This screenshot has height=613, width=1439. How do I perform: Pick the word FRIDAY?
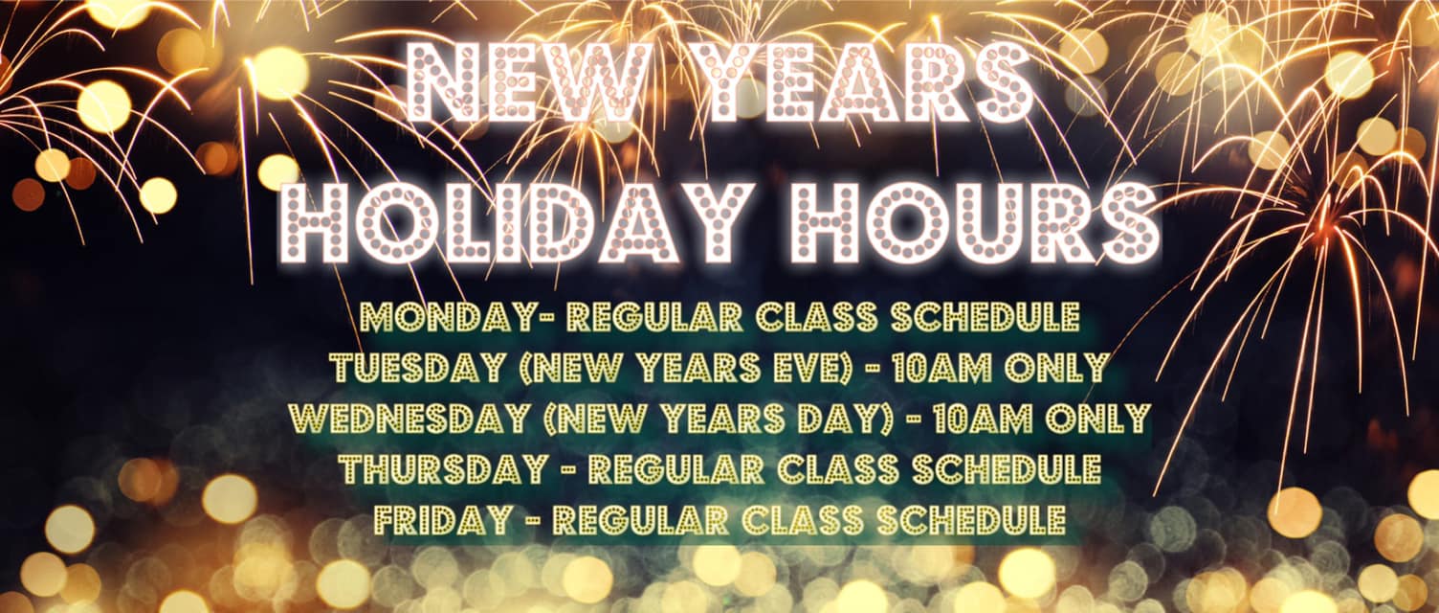[x=444, y=520]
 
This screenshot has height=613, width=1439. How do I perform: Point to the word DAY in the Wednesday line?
[x=842, y=419]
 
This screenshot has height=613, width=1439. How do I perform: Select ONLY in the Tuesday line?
[x=1059, y=367]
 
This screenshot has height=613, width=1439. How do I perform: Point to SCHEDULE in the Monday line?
[x=985, y=316]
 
